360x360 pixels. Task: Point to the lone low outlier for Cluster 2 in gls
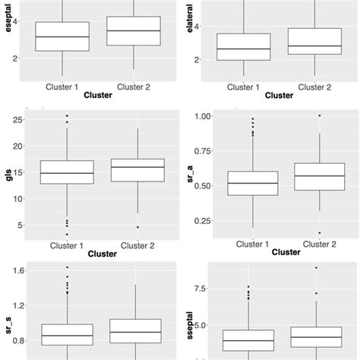point(137,227)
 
